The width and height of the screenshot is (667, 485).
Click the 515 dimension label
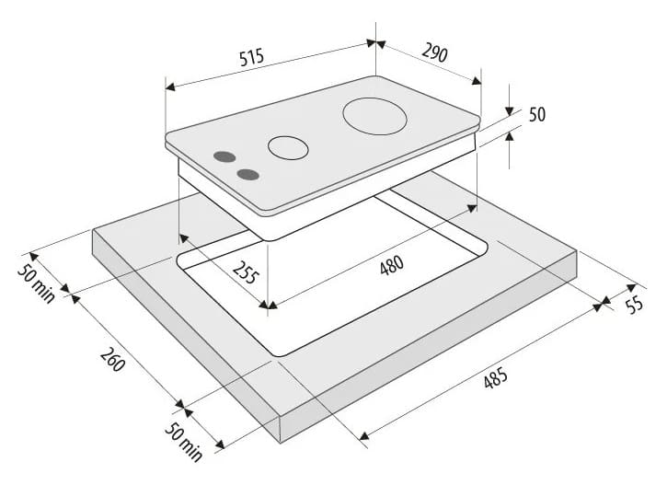[x=251, y=57]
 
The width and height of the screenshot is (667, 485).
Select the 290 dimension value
[x=435, y=52]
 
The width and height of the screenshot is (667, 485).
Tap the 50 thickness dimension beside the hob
[x=537, y=114]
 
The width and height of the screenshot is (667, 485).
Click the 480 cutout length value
[x=391, y=265]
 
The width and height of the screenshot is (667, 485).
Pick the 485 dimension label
[x=496, y=378]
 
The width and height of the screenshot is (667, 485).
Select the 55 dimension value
[x=634, y=305]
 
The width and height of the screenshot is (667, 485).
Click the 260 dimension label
[x=113, y=360]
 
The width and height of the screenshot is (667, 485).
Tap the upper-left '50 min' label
[x=36, y=283]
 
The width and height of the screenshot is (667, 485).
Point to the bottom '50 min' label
[x=184, y=442]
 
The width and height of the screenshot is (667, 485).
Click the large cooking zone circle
[x=374, y=116]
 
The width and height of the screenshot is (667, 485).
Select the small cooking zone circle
[x=288, y=148]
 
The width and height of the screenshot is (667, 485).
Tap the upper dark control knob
[x=224, y=156]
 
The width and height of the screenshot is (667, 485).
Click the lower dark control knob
[x=248, y=174]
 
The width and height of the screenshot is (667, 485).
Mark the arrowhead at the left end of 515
[x=170, y=87]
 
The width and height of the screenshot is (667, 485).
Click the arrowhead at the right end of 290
[x=477, y=80]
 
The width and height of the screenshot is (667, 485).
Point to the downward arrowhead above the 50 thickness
[x=510, y=111]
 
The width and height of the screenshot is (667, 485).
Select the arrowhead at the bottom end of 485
[x=364, y=435]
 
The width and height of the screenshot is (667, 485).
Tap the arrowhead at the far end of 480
[x=472, y=208]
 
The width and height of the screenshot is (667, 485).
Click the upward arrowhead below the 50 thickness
[x=510, y=135]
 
